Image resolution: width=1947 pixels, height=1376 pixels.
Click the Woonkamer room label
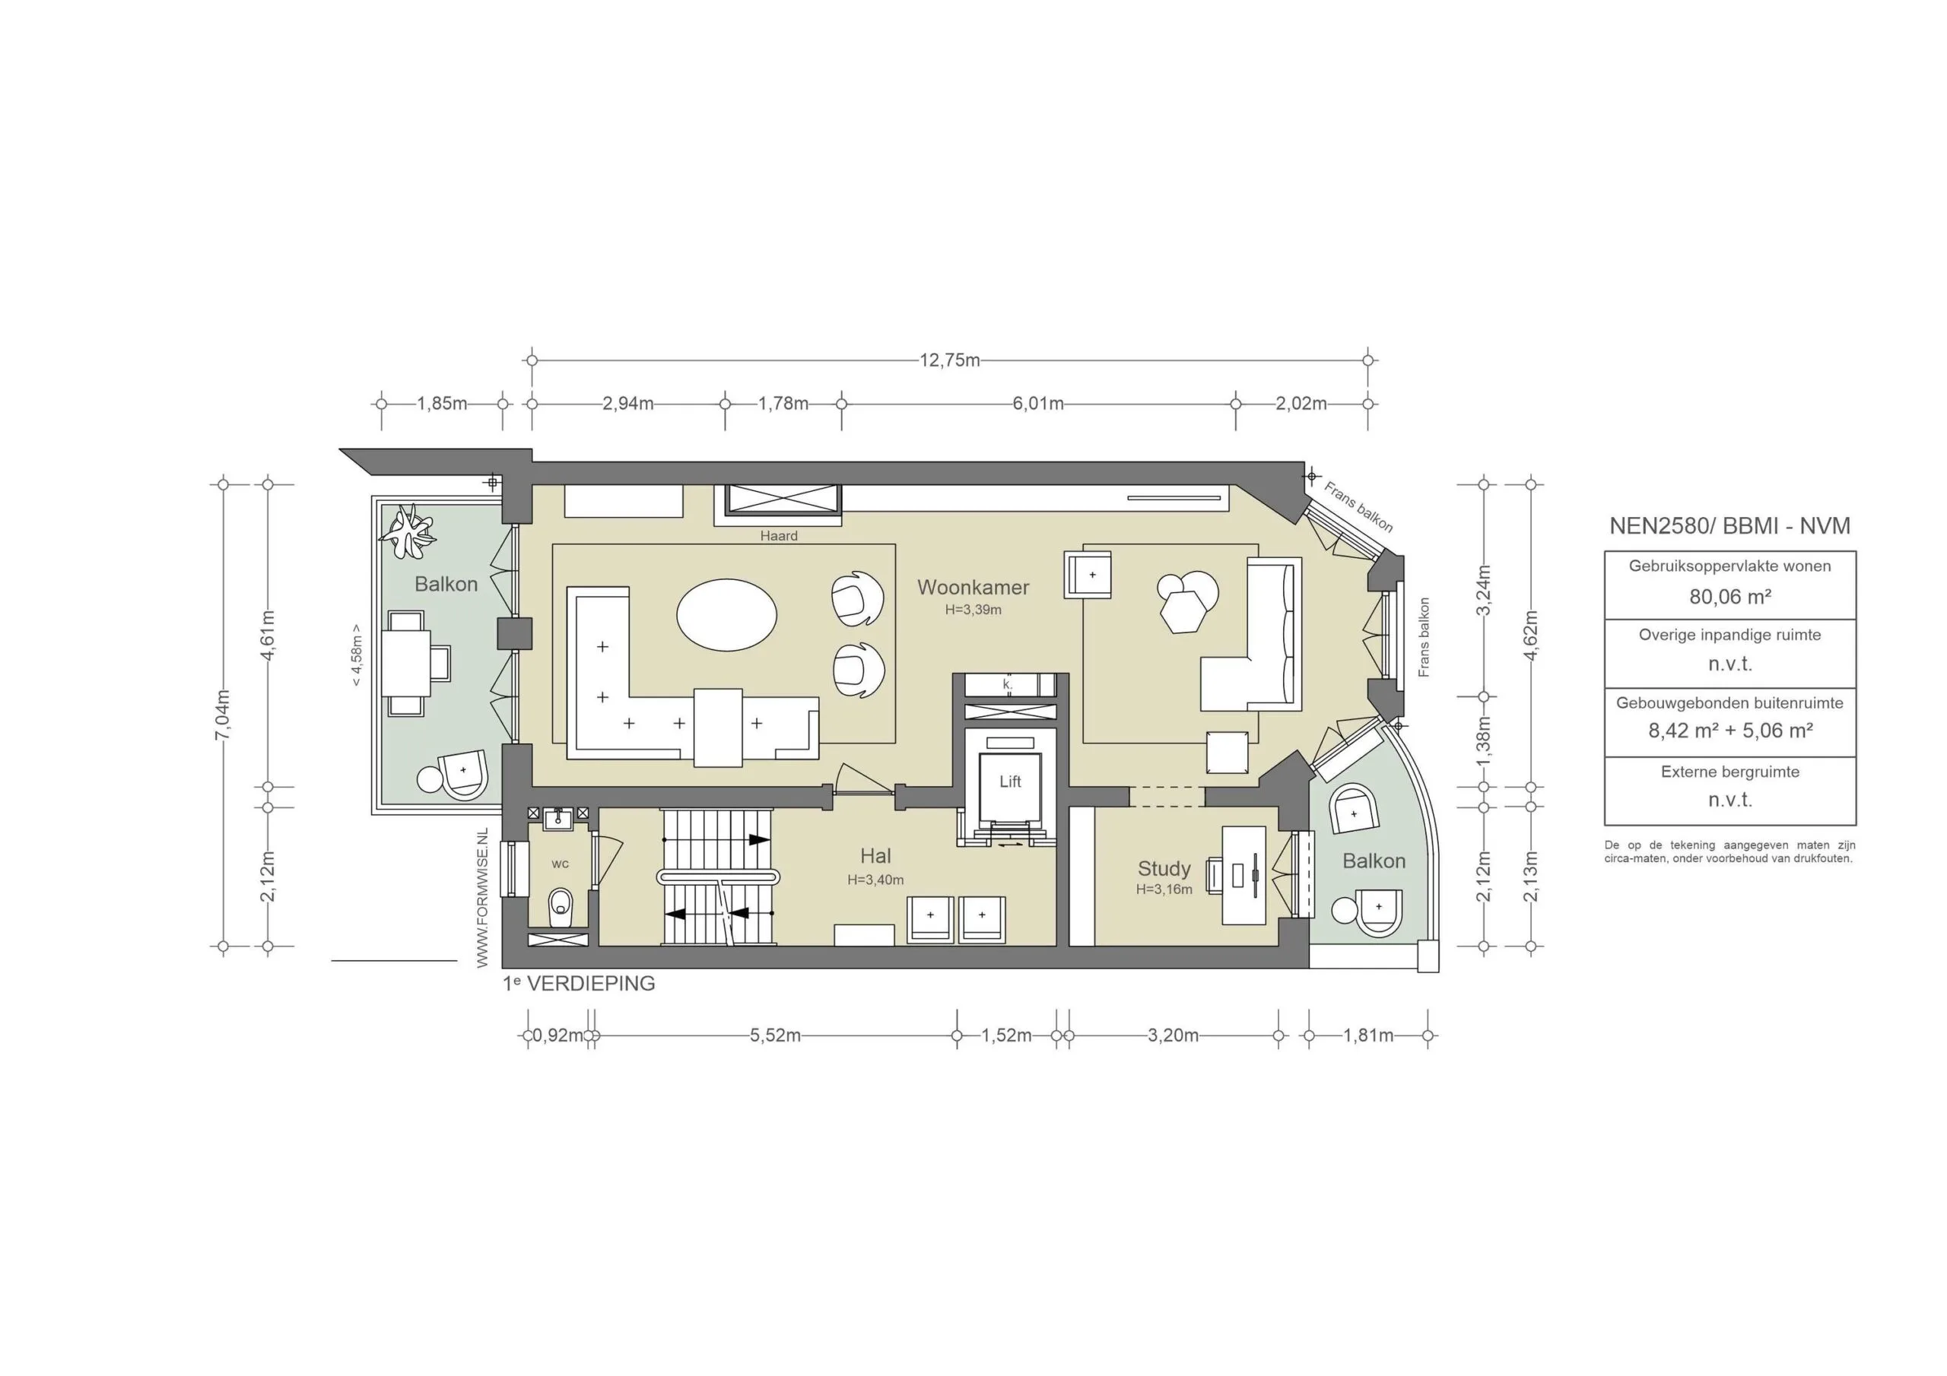coord(973,587)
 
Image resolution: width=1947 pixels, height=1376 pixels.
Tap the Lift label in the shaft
coord(1009,782)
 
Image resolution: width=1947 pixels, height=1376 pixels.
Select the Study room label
coord(1164,868)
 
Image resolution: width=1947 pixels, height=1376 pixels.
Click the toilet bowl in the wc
coord(561,908)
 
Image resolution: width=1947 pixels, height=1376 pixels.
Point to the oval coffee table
coord(727,615)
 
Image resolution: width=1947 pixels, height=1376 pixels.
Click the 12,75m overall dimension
coord(949,360)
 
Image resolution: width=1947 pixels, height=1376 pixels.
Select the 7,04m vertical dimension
coord(223,715)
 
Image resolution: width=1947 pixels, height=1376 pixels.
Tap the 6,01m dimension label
coord(1037,404)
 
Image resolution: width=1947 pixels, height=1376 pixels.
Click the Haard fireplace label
coord(779,536)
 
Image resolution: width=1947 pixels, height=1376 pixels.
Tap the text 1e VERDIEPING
coord(580,984)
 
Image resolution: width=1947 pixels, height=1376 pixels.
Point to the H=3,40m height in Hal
coord(875,880)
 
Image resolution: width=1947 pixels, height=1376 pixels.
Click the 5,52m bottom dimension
coord(774,1035)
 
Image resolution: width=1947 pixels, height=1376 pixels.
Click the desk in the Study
coord(1244,874)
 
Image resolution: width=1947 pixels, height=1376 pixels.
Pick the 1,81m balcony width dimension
coord(1367,1035)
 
